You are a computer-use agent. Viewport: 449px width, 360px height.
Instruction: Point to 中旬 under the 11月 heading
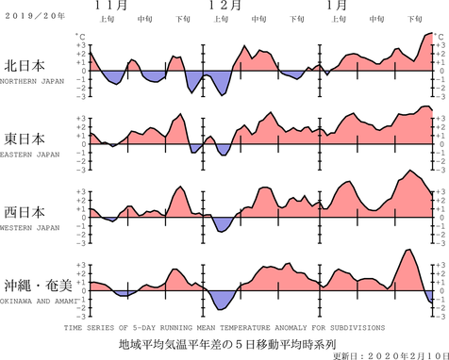point(144,19)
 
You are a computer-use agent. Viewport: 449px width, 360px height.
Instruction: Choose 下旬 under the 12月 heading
point(297,19)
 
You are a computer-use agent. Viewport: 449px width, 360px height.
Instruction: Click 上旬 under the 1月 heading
point(337,19)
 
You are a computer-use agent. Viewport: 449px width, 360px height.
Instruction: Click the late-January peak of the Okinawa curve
point(407,250)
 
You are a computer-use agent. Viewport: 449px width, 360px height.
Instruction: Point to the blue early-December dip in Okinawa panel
point(224,303)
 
